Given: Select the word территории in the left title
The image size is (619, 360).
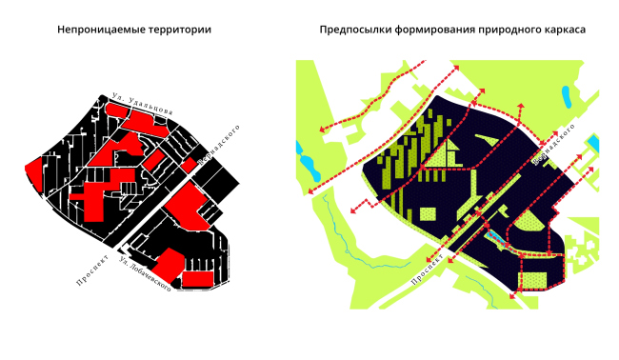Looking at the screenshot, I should click(x=178, y=30).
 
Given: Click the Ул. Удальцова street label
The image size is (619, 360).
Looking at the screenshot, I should click(x=140, y=104).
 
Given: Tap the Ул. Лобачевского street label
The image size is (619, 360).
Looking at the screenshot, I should click(x=144, y=272).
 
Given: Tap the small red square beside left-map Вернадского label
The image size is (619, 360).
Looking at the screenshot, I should click(x=189, y=165).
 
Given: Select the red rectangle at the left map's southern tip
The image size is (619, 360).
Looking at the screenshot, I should click(x=197, y=278).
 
